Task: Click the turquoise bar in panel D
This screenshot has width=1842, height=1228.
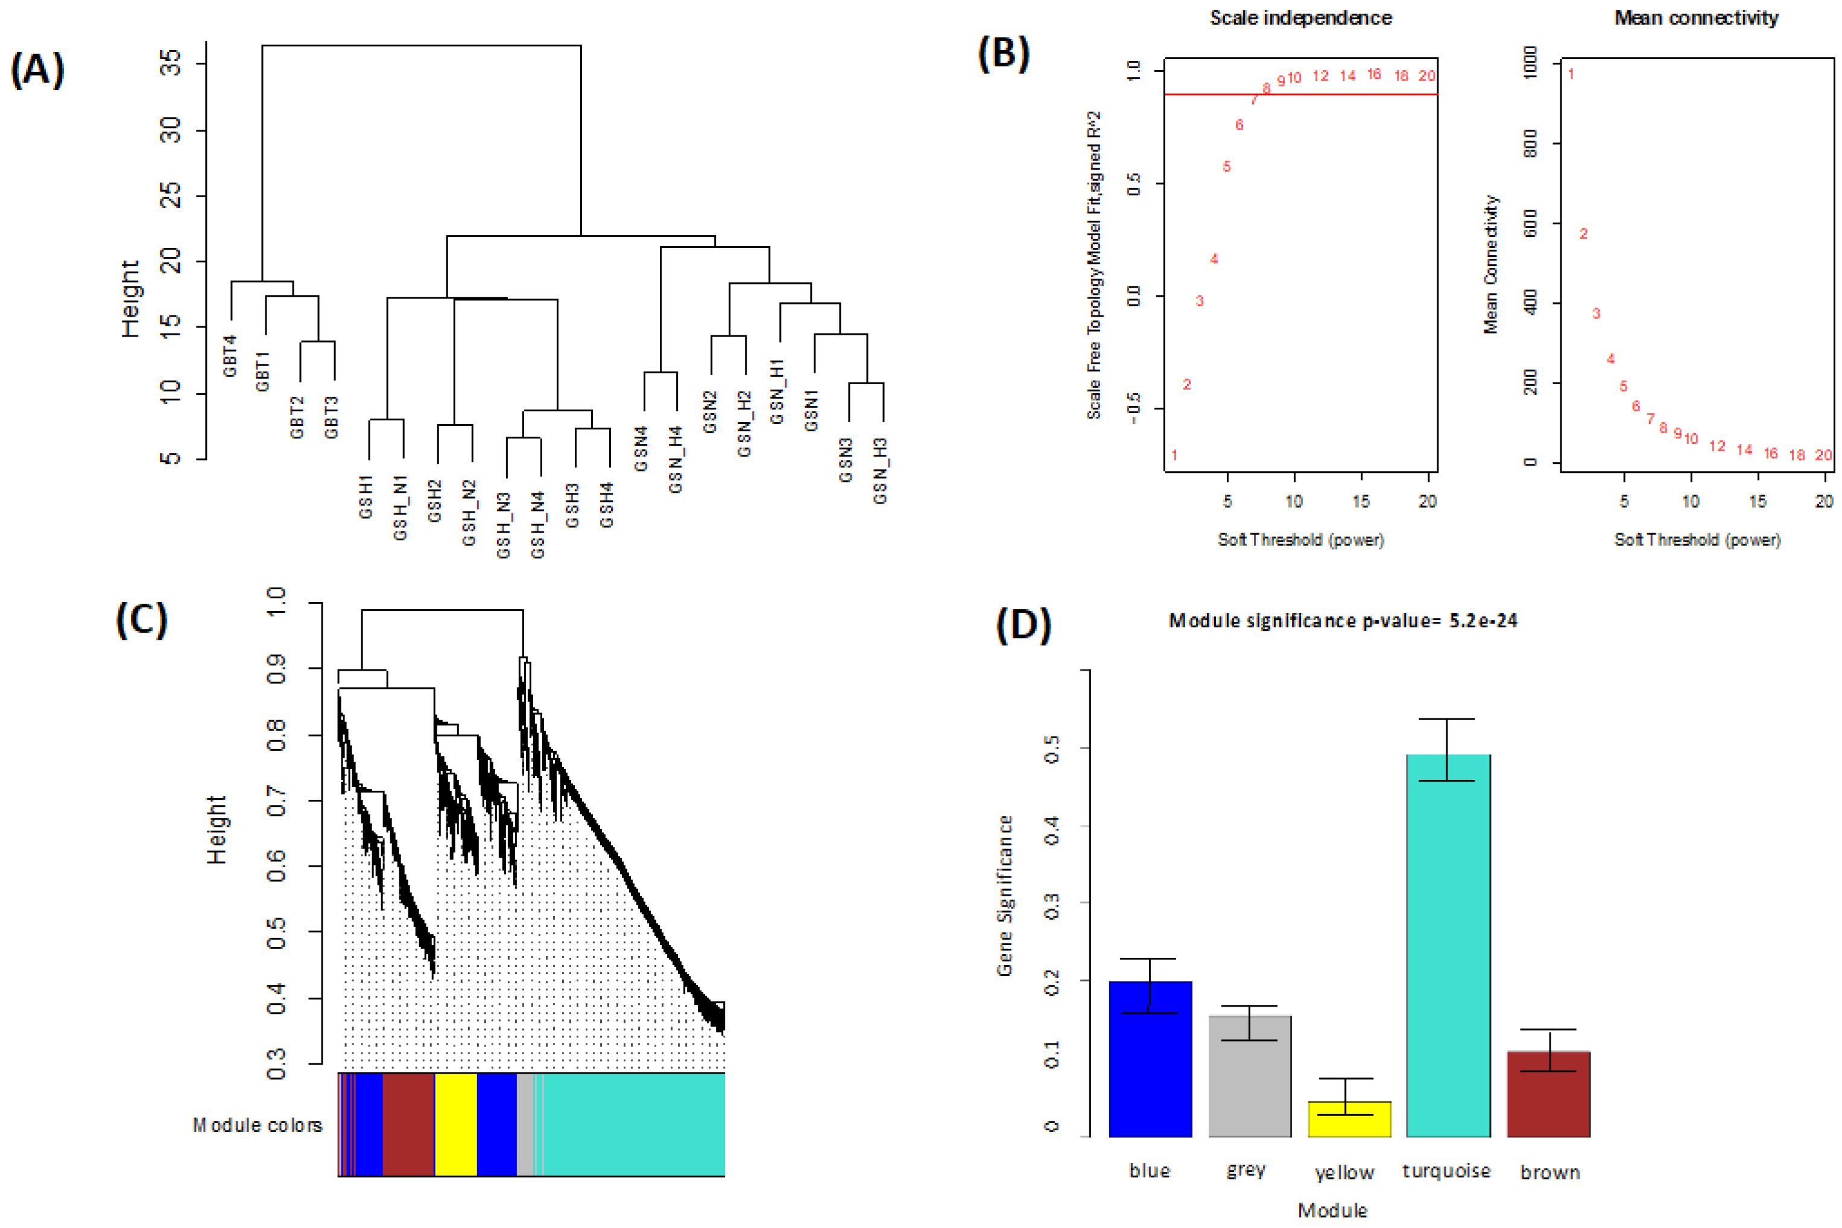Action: (1448, 945)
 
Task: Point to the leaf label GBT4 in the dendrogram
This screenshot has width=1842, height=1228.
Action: (229, 356)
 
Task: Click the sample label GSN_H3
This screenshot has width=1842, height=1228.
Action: (879, 470)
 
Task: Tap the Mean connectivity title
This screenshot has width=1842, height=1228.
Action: (1695, 17)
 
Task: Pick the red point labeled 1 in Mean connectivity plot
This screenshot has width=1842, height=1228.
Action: (1571, 74)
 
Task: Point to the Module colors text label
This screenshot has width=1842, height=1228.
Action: (257, 1125)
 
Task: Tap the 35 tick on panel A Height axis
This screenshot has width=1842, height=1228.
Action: (170, 63)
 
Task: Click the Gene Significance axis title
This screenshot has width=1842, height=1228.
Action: (1004, 895)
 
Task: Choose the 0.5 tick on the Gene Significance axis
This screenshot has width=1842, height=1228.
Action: (1052, 748)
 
